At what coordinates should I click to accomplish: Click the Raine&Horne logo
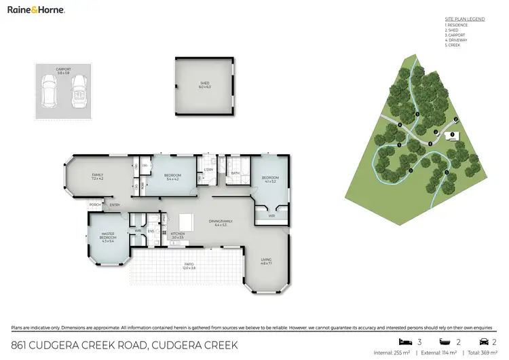(36, 10)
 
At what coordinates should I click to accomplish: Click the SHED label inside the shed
(204, 86)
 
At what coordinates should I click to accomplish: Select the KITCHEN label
(178, 234)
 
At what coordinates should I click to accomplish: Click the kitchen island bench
(187, 222)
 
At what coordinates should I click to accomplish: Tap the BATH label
(235, 173)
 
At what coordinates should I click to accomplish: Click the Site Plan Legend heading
(464, 20)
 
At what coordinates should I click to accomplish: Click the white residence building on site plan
(451, 136)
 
